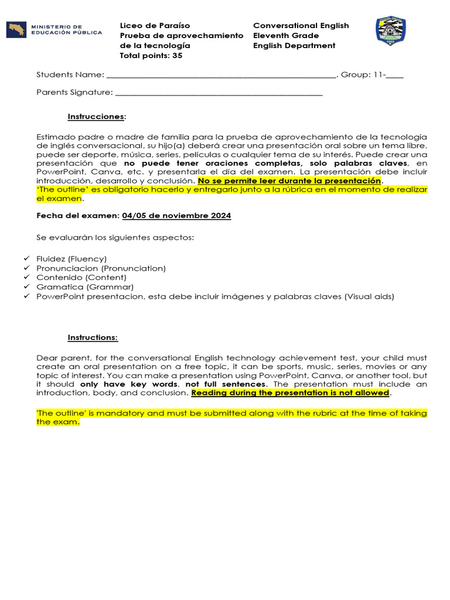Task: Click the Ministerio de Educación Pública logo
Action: tap(53, 30)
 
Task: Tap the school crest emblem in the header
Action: tap(390, 31)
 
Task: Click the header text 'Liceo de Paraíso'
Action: tap(155, 26)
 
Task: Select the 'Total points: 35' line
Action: tap(151, 56)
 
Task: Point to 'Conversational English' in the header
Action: tap(301, 26)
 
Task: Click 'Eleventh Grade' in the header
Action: tap(286, 36)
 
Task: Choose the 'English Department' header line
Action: tap(294, 46)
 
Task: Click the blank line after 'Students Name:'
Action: tap(221, 76)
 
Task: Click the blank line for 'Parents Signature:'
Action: tap(219, 93)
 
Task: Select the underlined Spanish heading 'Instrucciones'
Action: tap(96, 117)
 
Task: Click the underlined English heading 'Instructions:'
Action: tap(93, 337)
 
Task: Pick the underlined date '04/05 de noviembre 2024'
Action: tap(176, 216)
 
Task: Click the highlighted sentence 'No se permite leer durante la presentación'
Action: tap(289, 182)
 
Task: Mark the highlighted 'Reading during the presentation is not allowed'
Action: tap(290, 393)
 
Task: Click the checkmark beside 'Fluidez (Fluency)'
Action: tap(26, 258)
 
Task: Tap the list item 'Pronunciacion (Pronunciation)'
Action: tap(101, 268)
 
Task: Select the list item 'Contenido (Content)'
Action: tap(81, 278)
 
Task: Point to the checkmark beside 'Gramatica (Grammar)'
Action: tap(26, 287)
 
